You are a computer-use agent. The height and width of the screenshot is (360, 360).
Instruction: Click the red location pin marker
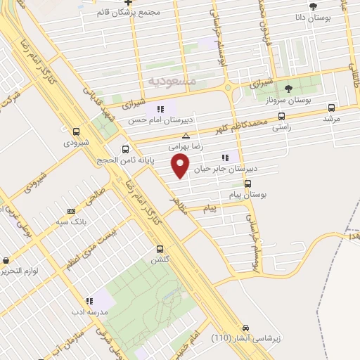181,167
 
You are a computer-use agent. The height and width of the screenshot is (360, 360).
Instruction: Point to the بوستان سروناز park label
288,100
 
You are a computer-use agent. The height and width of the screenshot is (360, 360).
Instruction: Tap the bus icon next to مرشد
333,108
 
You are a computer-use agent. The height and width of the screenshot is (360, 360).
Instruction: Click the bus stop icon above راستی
281,116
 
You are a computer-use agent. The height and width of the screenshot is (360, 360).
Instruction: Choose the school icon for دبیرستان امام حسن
160,109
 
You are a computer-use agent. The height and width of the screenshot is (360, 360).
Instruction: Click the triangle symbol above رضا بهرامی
186,136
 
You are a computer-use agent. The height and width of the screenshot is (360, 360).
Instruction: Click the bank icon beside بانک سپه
70,210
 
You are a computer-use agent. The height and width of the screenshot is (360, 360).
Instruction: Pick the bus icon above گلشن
160,249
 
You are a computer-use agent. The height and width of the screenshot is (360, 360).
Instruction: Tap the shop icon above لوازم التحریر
6,260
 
